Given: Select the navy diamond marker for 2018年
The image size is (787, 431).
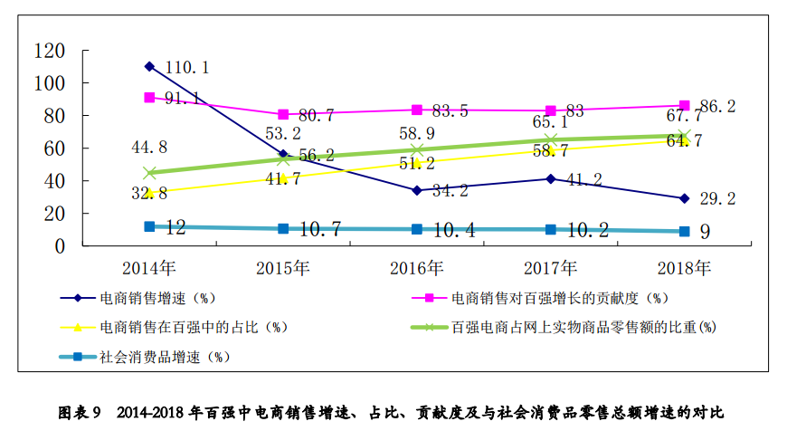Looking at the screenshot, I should point(685,198).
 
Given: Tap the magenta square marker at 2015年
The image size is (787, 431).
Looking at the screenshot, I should point(283,115).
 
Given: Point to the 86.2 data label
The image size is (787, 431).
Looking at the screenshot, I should point(717,107).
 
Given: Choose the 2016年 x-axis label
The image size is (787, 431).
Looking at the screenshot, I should point(417,268).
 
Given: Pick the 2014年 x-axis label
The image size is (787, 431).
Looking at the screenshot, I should point(149,268).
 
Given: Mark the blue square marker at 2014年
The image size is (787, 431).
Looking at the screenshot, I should point(149,226).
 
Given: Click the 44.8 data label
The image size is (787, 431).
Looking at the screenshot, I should point(148,148).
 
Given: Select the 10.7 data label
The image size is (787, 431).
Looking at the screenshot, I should point(319,229).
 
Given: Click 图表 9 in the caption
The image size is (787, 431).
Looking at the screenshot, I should point(83,413).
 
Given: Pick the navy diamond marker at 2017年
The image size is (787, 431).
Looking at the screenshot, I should point(551,178).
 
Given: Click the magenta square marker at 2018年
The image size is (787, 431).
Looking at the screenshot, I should point(685,106).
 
